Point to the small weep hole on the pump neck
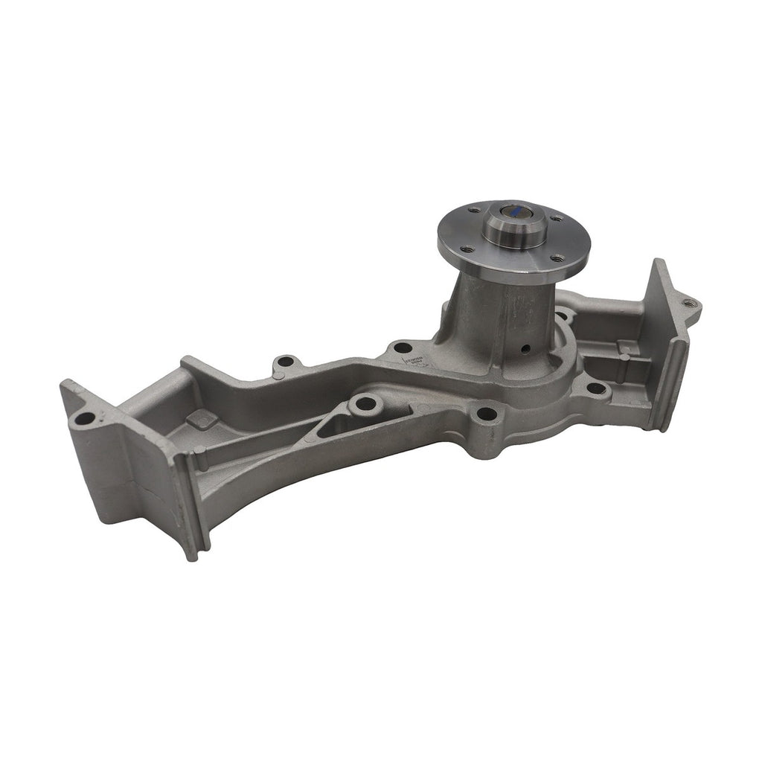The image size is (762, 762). (x=525, y=348)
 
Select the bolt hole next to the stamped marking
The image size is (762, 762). (x=403, y=347)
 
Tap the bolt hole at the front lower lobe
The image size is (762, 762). (x=486, y=413)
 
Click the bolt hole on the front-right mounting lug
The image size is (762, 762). (x=595, y=387)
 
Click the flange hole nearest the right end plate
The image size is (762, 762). (x=557, y=257)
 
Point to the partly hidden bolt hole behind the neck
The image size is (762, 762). (x=563, y=317)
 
